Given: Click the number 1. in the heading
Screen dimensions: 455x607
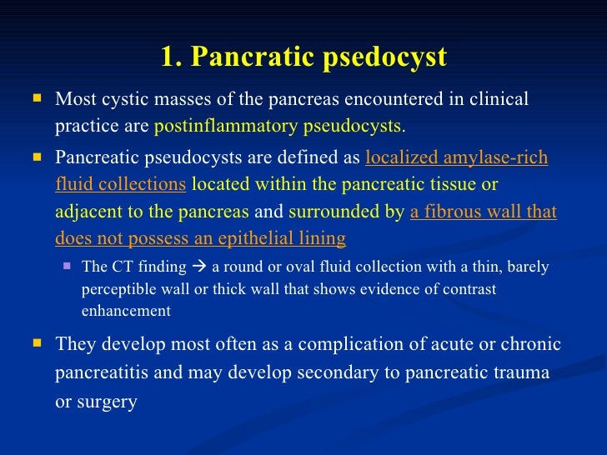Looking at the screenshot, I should (172, 57).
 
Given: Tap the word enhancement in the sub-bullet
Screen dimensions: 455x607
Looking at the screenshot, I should (126, 312).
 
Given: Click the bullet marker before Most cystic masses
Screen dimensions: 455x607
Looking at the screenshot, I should (36, 98).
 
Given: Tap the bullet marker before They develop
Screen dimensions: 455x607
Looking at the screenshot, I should (36, 342).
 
